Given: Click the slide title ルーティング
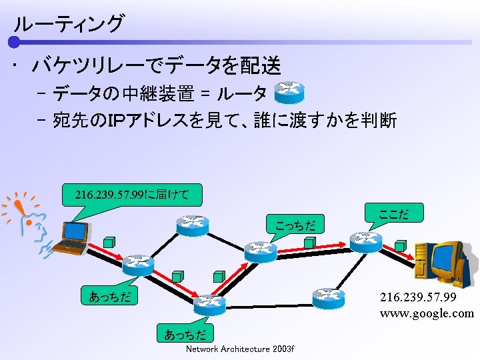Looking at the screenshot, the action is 68,24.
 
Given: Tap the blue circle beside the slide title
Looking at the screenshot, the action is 15,43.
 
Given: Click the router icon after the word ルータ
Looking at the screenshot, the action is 289,93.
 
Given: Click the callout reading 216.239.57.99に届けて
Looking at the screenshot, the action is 131,195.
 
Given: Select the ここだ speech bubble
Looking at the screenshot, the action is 393,214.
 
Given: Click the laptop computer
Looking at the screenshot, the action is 71,238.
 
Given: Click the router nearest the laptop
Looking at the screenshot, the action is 138,265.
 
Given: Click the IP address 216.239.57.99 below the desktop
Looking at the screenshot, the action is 418,296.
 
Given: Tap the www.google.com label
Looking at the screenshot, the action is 427,313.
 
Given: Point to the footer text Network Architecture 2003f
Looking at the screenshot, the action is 240,349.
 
